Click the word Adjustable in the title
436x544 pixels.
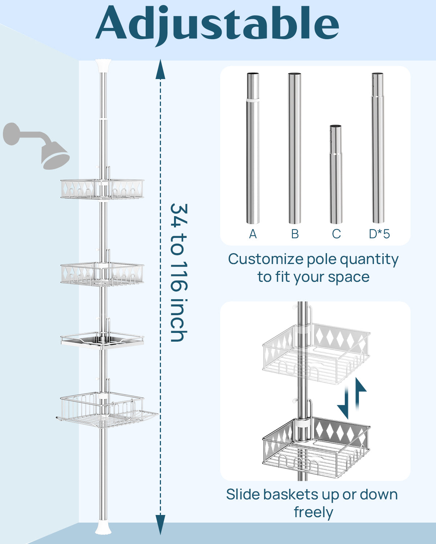tap(217, 24)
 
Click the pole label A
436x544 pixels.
tap(253, 234)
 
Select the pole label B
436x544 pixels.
tap(295, 234)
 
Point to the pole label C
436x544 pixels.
tap(336, 234)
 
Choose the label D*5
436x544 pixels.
tap(379, 234)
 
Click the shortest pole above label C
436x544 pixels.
tap(336, 174)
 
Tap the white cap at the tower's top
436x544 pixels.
tap(103, 66)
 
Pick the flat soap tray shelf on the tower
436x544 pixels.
tap(102, 340)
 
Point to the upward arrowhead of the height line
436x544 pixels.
tap(160, 71)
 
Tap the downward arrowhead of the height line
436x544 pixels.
tap(160, 524)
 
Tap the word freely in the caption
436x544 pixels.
tap(313, 512)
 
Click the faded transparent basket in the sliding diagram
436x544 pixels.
tap(316, 354)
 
